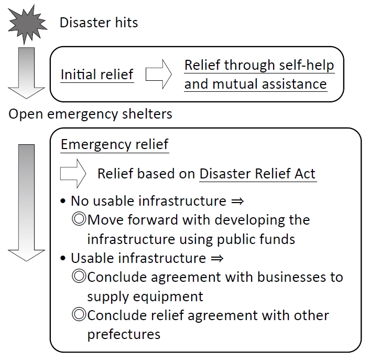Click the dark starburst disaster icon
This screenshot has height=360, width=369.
click(26, 22)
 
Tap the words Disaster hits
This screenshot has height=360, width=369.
click(99, 23)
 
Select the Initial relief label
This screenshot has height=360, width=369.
click(97, 75)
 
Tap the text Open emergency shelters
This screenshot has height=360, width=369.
click(90, 114)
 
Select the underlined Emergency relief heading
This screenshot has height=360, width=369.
click(115, 144)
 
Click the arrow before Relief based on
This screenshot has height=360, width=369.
click(73, 173)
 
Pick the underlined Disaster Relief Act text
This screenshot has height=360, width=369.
click(258, 174)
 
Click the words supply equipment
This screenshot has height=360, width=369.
click(145, 296)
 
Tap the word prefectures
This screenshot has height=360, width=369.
click(124, 334)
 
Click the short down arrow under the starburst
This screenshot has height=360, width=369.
click(26, 74)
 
